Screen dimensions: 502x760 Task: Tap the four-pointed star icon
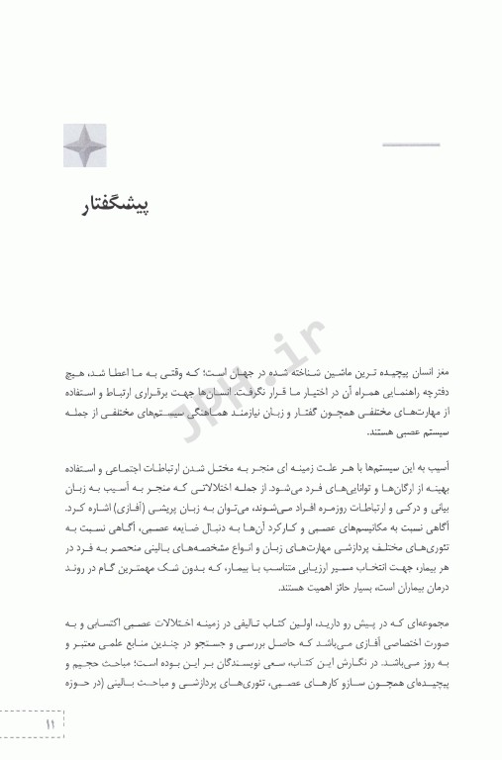point(84,144)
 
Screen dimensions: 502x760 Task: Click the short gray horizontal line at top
point(410,146)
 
